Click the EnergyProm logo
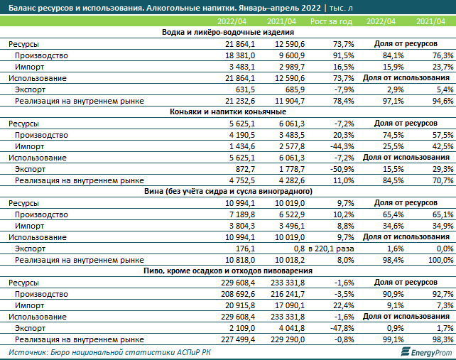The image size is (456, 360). [426, 352]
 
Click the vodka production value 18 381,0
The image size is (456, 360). [240, 55]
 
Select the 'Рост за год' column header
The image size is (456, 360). [331, 21]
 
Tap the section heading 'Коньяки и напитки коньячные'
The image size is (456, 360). [228, 111]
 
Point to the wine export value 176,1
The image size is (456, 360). [245, 249]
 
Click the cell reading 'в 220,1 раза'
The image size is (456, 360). [331, 249]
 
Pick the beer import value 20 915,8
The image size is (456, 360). [238, 305]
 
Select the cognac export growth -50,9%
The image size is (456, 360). [342, 169]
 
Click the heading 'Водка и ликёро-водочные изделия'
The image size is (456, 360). [228, 32]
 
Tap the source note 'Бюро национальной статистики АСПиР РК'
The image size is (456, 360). [131, 352]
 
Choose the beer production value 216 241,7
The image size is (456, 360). [288, 294]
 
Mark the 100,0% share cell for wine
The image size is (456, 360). [440, 260]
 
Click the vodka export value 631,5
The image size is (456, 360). [245, 89]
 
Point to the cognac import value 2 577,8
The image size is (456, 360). [292, 146]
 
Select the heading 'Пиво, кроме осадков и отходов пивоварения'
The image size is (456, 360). [228, 271]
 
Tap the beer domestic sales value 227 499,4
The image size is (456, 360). [238, 339]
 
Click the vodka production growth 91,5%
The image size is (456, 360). [344, 55]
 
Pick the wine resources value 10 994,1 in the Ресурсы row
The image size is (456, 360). [240, 203]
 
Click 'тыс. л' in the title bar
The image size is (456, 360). [341, 8]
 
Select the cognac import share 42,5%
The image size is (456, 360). [443, 146]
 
